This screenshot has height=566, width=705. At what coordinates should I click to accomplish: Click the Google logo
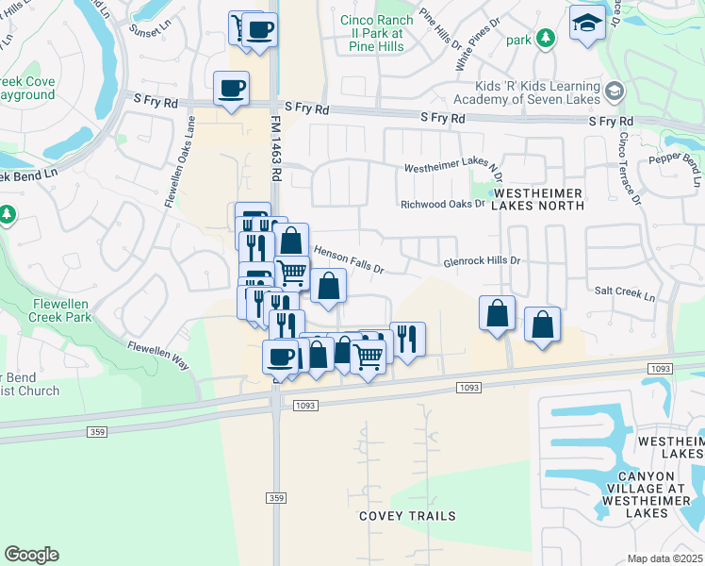coord(31,555)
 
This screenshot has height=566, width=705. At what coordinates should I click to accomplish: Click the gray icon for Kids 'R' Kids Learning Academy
coord(615,91)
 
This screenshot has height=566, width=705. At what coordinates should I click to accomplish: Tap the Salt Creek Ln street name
coord(623,293)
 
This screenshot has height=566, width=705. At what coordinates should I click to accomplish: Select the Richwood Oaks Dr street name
coord(442,203)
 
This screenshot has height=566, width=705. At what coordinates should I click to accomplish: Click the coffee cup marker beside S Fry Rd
coord(231,90)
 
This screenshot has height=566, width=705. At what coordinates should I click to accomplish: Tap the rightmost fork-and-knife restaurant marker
coord(407,339)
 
